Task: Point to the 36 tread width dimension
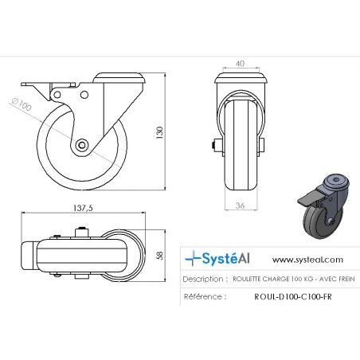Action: [x=241, y=207]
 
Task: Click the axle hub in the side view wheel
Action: [x=84, y=146]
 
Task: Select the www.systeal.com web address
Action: [x=307, y=259]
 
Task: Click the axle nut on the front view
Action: [x=216, y=146]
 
